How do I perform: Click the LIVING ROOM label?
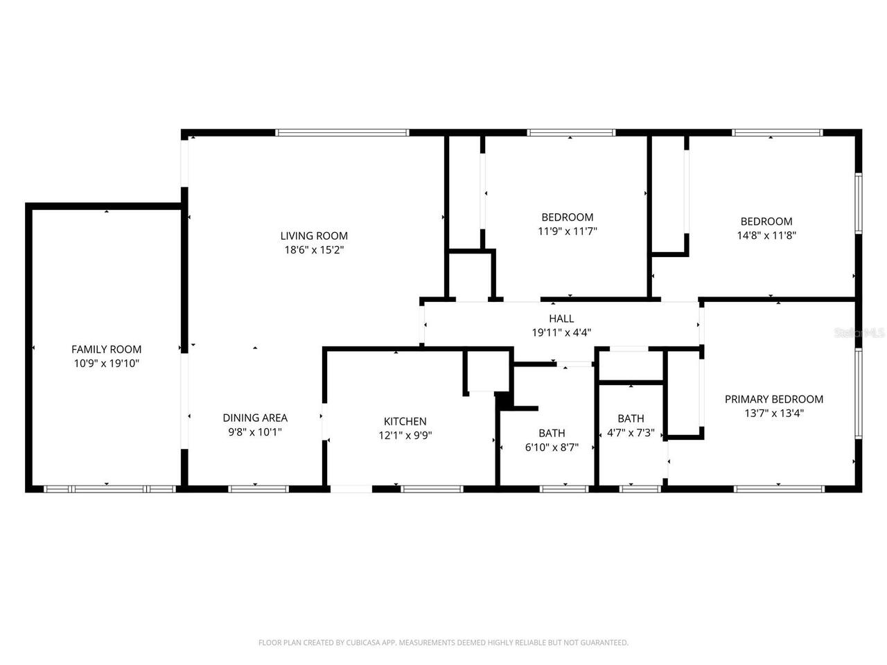pyautogui.click(x=314, y=236)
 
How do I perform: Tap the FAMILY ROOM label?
pyautogui.click(x=106, y=349)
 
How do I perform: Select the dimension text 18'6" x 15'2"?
pyautogui.click(x=314, y=250)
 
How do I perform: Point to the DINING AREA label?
pyautogui.click(x=255, y=418)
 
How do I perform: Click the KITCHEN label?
pyautogui.click(x=405, y=422)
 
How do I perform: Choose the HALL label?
pyautogui.click(x=561, y=319)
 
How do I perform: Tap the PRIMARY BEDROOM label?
pyautogui.click(x=774, y=399)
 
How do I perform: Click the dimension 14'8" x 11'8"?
pyautogui.click(x=766, y=236)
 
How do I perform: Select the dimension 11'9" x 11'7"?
pyautogui.click(x=568, y=231)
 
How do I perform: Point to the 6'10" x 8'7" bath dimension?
pyautogui.click(x=552, y=447)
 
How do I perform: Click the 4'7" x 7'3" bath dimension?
pyautogui.click(x=631, y=433)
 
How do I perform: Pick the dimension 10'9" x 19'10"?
pyautogui.click(x=106, y=364)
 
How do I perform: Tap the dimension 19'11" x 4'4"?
pyautogui.click(x=561, y=332)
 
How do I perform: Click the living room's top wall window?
pyautogui.click(x=342, y=132)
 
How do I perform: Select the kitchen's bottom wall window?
pyautogui.click(x=432, y=489)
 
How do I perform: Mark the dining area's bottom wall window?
pyautogui.click(x=258, y=489)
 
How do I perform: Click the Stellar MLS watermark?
pyautogui.click(x=859, y=332)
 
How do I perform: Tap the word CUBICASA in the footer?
pyautogui.click(x=362, y=642)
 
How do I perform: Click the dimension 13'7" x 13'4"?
pyautogui.click(x=774, y=414)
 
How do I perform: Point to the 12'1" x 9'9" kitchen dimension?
pyautogui.click(x=405, y=436)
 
